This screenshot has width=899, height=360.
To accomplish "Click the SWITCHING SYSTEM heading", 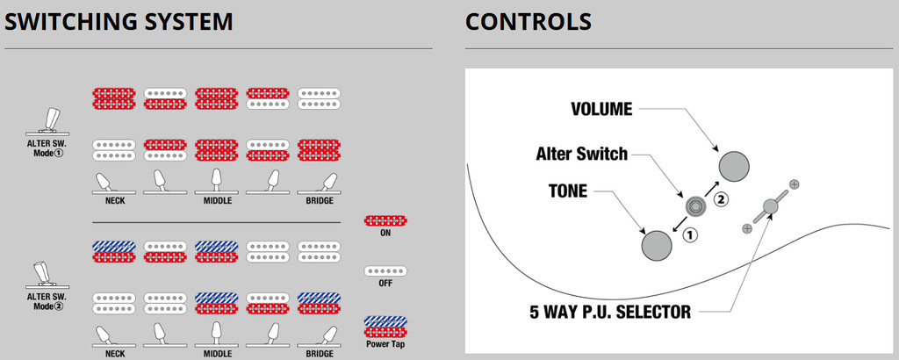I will (119, 22).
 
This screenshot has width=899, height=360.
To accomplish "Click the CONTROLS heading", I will (529, 22).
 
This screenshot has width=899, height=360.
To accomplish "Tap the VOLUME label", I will (602, 110).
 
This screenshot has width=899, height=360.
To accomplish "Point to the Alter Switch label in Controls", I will (582, 155).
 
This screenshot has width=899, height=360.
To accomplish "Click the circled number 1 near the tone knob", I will (690, 234).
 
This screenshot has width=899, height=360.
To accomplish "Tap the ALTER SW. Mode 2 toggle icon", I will (46, 274).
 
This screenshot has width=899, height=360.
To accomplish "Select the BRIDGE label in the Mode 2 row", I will (319, 353).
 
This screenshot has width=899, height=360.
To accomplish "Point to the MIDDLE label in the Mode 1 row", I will (216, 200).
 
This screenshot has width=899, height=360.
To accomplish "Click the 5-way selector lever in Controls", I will (770, 206).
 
